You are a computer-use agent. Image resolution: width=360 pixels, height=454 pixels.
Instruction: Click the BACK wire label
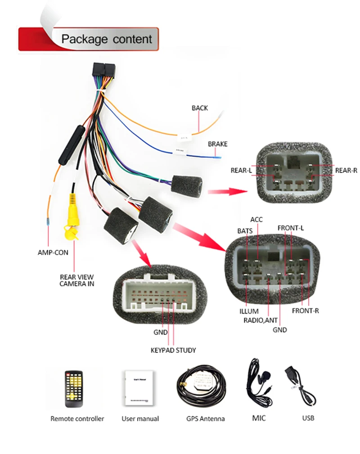point(200,108)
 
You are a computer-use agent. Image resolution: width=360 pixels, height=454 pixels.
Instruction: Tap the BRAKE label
point(217,144)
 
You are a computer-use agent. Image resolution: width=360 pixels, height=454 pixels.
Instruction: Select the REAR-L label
point(241,171)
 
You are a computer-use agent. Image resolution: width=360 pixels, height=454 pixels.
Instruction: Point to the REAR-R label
point(346,171)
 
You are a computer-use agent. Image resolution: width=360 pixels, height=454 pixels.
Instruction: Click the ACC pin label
point(256,219)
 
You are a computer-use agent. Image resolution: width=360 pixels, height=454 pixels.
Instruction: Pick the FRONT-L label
point(290,228)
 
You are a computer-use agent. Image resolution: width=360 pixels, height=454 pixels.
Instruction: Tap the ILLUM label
point(249,311)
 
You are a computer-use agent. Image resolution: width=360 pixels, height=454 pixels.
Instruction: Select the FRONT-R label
point(305,310)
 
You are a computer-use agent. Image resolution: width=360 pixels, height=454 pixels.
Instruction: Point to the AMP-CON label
point(53,252)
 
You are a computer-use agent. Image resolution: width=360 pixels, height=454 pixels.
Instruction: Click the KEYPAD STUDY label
point(173,350)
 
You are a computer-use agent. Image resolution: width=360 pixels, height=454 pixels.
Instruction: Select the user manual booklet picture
point(139,388)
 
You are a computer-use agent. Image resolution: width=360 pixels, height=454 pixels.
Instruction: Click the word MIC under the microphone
point(259,418)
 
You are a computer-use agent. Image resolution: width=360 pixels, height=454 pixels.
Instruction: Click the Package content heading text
point(107,39)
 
